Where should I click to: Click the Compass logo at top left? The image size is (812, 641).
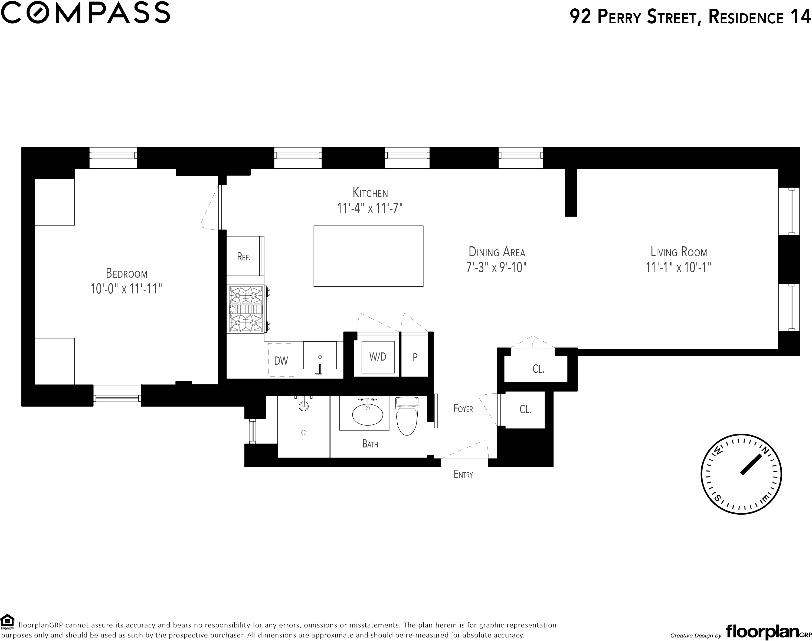pyautogui.click(x=86, y=12)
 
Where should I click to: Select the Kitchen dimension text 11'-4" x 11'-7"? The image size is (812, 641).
pyautogui.click(x=370, y=208)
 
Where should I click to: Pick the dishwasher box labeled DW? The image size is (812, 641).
pyautogui.click(x=281, y=360)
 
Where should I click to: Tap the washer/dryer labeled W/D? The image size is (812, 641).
pyautogui.click(x=378, y=357)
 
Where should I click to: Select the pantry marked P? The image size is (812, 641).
pyautogui.click(x=415, y=357)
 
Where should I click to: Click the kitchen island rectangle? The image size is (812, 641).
pyautogui.click(x=368, y=256)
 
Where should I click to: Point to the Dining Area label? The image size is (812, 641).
pyautogui.click(x=497, y=252)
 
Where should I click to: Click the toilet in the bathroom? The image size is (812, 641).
pyautogui.click(x=407, y=416)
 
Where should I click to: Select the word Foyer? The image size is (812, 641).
pyautogui.click(x=463, y=408)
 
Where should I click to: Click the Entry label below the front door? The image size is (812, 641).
pyautogui.click(x=463, y=474)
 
